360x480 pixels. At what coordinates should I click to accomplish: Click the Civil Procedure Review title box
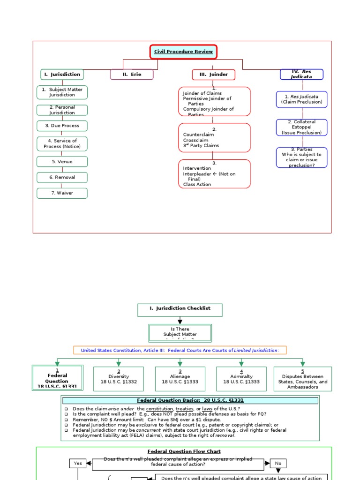coord(184,52)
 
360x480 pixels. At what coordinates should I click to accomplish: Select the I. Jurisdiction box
coord(62,75)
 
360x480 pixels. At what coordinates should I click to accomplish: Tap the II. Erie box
coord(132,75)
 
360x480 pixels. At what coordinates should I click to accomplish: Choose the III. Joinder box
coord(214,75)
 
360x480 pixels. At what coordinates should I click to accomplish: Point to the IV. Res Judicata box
coord(302,74)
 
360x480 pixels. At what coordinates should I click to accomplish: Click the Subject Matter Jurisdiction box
coord(62,92)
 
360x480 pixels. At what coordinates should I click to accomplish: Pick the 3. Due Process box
coord(62,126)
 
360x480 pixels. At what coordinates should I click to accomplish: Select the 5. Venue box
coord(62,162)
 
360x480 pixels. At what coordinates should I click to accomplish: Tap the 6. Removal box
coord(62,178)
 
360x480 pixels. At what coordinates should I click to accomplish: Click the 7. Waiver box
coord(62,193)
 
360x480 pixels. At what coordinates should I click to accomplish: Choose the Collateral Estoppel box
coord(302,127)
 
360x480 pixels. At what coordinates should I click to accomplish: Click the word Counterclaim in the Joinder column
coord(198,135)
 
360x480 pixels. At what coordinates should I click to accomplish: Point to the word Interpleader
coord(197,174)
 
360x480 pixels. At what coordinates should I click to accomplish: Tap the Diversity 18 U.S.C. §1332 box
coord(119,379)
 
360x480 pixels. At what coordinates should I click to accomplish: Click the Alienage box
coord(180,379)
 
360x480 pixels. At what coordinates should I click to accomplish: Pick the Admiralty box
coord(241,379)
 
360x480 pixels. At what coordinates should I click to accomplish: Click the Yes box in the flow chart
coord(78,463)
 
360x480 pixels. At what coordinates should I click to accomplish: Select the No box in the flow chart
coord(278,463)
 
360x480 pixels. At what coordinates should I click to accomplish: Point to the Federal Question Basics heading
coord(190,400)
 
